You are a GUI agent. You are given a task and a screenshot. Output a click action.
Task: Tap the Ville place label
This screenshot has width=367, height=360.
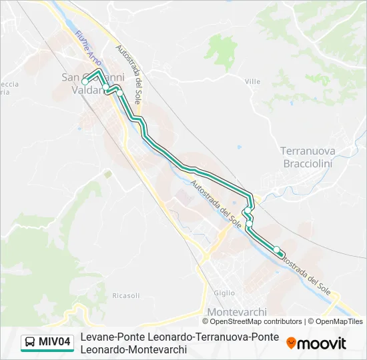point(252,81)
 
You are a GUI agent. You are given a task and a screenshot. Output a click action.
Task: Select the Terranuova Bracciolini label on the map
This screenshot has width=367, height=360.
point(308,157)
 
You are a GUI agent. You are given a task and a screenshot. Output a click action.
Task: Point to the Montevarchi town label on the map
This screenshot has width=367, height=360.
point(237,312)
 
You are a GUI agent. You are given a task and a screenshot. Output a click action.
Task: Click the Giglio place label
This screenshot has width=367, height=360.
point(224,293)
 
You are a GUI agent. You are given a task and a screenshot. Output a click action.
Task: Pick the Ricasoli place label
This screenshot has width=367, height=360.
point(126,295)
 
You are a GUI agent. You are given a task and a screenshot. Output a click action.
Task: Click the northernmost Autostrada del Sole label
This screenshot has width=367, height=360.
point(129,74)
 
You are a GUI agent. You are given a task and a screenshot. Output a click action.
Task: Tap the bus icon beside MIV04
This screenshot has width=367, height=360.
point(31,343)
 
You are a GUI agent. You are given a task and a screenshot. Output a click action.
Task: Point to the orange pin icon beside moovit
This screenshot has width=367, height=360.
point(291,343)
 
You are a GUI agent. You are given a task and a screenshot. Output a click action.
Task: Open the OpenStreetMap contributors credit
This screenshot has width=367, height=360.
point(252,321)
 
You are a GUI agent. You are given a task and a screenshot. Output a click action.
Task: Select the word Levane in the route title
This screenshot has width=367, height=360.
point(96,337)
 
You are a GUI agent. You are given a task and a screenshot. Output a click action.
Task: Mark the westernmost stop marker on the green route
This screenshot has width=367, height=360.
point(85,81)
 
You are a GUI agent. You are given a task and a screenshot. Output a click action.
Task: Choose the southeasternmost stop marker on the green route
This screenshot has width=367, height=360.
point(277,249)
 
